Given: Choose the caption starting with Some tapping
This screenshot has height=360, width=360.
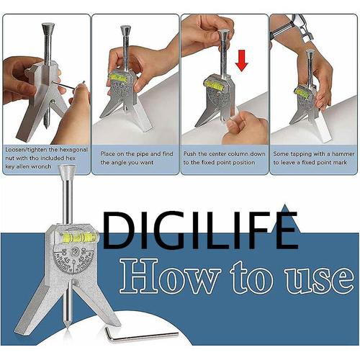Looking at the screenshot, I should pos(312,158).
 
